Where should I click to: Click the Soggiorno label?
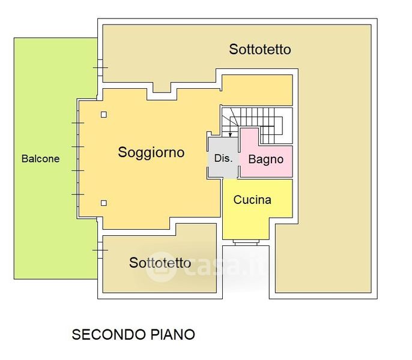151,152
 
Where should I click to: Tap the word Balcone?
40,159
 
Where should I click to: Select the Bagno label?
266,160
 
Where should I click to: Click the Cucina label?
252,200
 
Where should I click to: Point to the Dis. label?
223,159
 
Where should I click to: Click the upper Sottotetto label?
259,49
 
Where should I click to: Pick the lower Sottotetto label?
160,263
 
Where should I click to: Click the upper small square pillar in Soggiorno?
104,115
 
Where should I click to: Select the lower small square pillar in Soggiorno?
104,203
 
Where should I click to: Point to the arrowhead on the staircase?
231,135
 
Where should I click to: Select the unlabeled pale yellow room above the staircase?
257,90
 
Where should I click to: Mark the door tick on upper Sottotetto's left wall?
100,68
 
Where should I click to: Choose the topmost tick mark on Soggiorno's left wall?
78,123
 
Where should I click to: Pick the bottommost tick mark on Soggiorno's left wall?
78,194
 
